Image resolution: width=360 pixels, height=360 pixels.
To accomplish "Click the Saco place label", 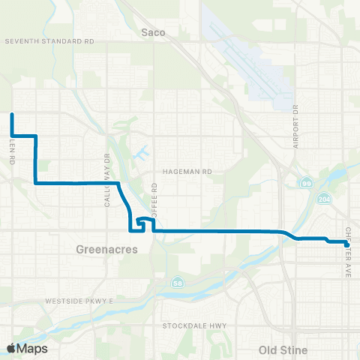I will pos(153,32).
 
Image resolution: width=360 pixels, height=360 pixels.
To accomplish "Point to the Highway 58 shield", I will pos(178,282).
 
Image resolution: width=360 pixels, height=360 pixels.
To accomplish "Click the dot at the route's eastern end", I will pos(346,244).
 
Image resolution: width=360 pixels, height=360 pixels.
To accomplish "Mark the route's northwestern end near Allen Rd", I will pos(12,115).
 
